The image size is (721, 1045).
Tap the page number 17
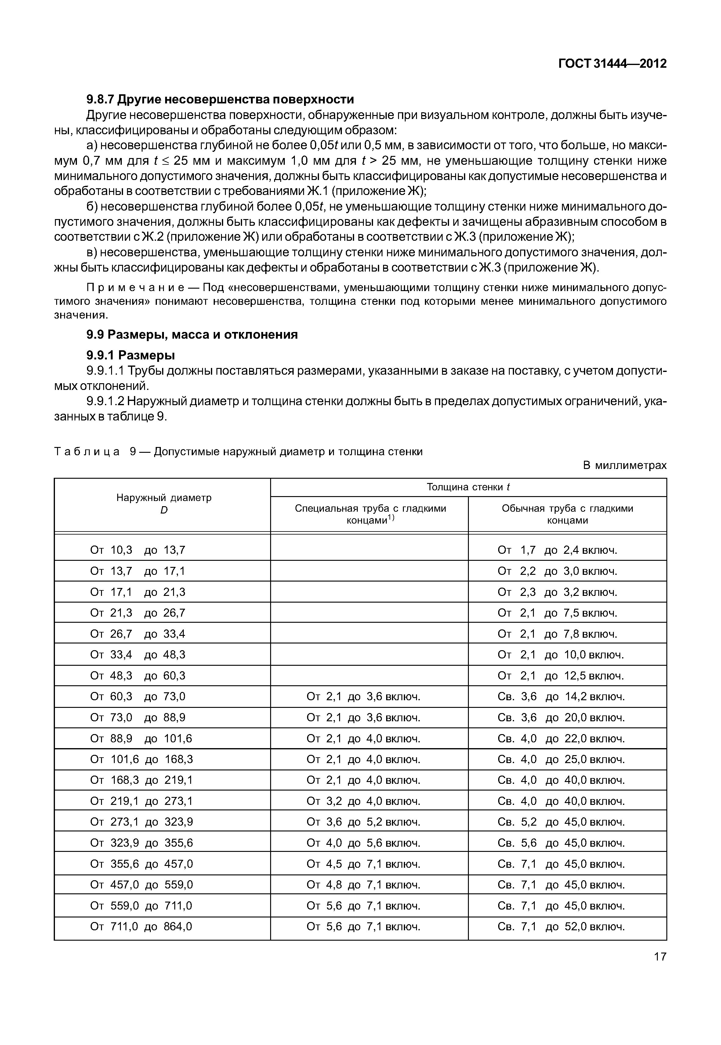pyautogui.click(x=660, y=957)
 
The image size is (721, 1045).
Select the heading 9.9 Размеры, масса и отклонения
pyautogui.click(x=192, y=335)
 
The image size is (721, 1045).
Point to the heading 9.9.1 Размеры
pyautogui.click(x=131, y=355)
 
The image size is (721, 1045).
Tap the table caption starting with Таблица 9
pyautogui.click(x=238, y=452)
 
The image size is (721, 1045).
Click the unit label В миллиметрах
pyautogui.click(x=624, y=465)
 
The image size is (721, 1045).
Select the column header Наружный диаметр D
pyautogui.click(x=164, y=503)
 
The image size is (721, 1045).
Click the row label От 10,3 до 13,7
pyautogui.click(x=138, y=550)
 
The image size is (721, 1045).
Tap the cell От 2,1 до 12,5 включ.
pyautogui.click(x=560, y=676)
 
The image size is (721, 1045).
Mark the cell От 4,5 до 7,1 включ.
pyautogui.click(x=363, y=864)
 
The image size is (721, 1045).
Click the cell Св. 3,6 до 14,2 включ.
pyautogui.click(x=561, y=697)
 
